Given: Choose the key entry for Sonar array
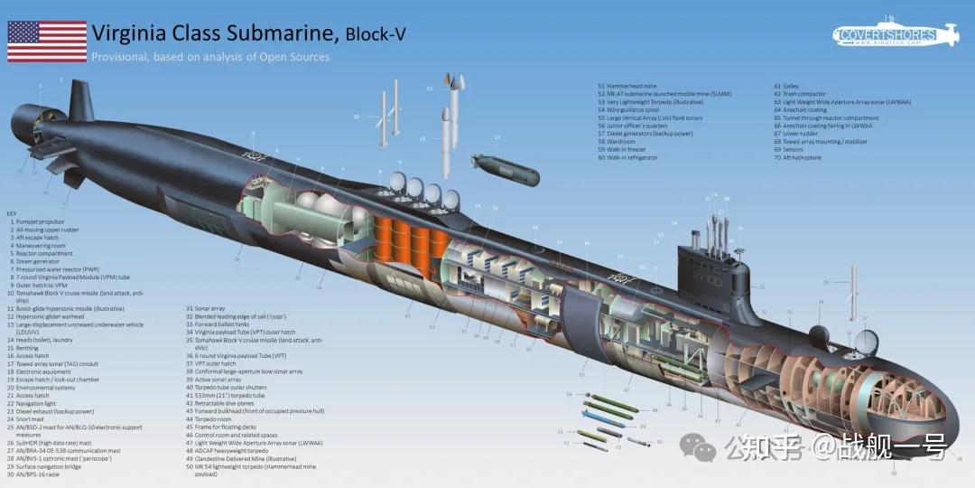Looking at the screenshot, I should point(207,309).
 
